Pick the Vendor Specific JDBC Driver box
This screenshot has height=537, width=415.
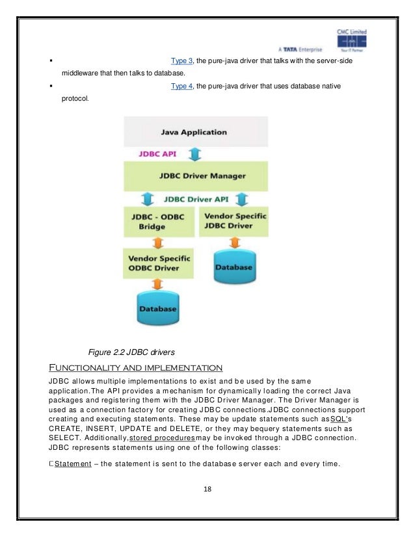pyautogui.click(x=235, y=221)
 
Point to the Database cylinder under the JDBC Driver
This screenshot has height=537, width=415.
pyautogui.click(x=235, y=266)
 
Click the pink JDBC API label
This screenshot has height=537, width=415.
pyautogui.click(x=159, y=155)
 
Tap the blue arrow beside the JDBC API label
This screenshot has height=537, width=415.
pyautogui.click(x=194, y=155)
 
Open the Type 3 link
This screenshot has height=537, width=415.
pyautogui.click(x=181, y=61)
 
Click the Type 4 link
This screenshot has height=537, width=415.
pyautogui.click(x=181, y=86)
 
